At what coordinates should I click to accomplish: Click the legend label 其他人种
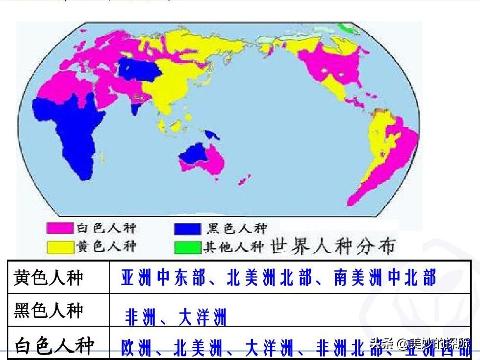click(x=233, y=247)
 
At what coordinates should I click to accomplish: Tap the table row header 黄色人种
click(x=49, y=278)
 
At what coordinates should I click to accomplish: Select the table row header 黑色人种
click(x=49, y=311)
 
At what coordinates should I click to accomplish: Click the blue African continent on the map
click(x=74, y=132)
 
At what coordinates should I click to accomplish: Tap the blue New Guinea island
click(x=212, y=134)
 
